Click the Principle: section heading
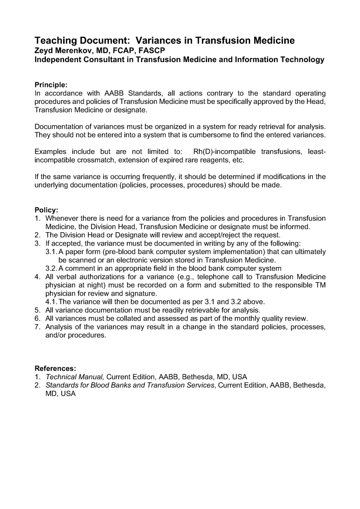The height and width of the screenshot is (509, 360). (x=51, y=85)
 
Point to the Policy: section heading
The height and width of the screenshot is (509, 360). (x=47, y=210)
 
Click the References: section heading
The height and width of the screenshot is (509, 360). (x=55, y=368)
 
